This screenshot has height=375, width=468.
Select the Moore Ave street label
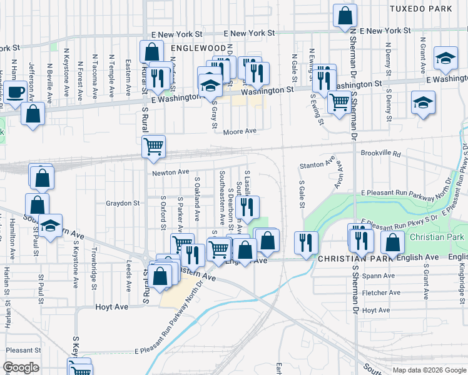click(x=241, y=131)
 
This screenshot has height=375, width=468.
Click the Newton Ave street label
click(x=170, y=172)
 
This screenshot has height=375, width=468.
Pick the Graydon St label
click(x=123, y=203)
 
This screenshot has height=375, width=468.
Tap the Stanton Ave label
click(x=317, y=164)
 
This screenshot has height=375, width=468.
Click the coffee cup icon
click(x=16, y=92)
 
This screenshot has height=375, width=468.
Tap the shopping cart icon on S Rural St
click(x=153, y=147)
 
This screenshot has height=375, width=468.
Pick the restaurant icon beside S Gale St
click(x=306, y=241)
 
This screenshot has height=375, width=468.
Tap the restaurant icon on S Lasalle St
click(x=248, y=207)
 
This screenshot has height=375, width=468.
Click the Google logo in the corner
click(x=21, y=368)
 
